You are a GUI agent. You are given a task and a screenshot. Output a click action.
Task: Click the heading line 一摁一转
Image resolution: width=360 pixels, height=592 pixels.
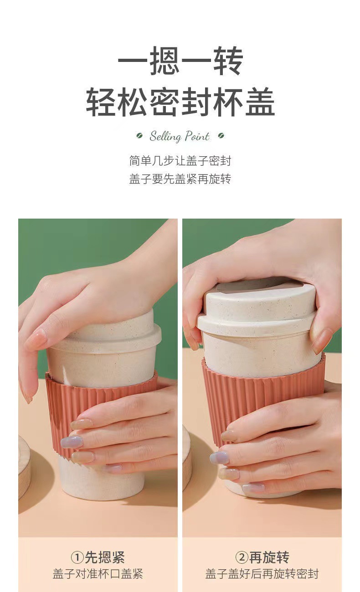coord(180,61)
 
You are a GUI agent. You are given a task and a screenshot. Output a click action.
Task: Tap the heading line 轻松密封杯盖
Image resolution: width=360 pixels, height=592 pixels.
coord(180,101)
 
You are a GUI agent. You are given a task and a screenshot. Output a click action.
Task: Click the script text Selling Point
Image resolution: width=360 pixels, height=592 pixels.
coord(180,136)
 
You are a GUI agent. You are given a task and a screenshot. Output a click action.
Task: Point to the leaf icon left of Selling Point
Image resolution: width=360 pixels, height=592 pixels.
coord(139,136)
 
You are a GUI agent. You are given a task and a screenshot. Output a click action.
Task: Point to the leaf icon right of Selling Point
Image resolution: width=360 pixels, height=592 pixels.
coord(221,136)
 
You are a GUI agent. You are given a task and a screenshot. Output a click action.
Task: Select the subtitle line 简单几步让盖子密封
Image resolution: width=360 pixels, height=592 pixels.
coord(180,161)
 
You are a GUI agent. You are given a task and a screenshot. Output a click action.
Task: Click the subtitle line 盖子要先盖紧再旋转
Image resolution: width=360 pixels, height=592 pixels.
coord(180,179)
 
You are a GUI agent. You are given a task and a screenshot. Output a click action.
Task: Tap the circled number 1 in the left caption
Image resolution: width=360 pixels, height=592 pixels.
coord(77,557)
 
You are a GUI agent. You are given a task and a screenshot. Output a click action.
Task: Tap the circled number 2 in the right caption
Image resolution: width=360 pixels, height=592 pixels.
coord(242,557)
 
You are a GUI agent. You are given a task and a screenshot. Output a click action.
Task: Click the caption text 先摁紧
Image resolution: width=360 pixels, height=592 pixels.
coord(105,557)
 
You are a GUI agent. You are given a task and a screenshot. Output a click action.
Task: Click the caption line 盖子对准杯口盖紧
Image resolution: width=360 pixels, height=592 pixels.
coord(98,574)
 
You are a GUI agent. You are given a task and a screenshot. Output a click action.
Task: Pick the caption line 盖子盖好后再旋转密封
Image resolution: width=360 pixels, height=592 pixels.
coord(262,574)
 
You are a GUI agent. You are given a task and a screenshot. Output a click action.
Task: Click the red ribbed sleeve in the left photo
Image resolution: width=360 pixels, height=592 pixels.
coord(64,401)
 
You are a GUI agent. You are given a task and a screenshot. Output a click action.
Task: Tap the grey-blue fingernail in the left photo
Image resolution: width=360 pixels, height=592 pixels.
coord(72,441)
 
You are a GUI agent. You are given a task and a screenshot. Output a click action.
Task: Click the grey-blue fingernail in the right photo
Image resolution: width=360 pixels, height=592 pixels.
coord(219,457)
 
